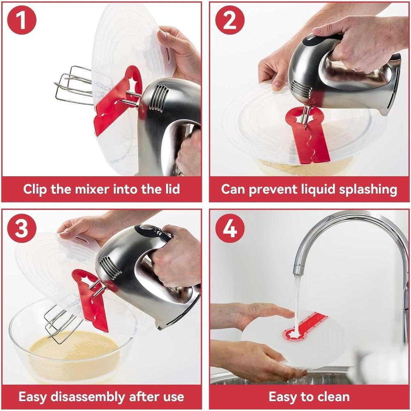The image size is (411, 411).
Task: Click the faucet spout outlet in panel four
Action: [x=299, y=271]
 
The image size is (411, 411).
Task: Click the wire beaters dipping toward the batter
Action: [x=62, y=325]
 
